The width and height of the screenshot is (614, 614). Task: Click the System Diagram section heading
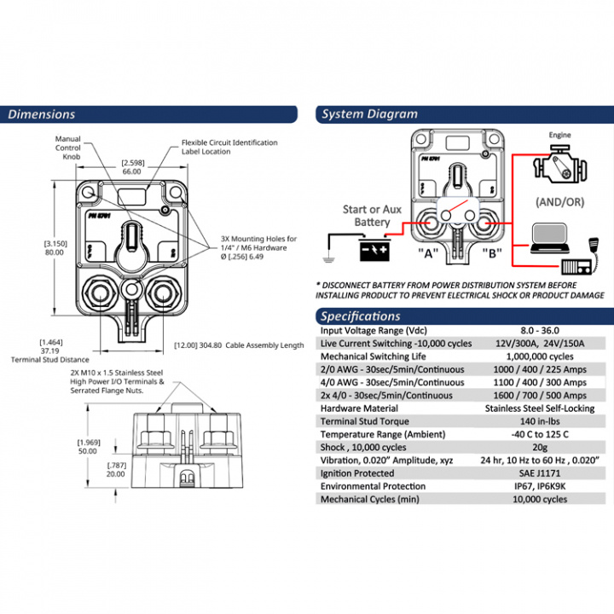pyautogui.click(x=370, y=114)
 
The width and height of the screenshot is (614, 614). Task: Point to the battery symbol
pyautogui.click(x=374, y=250)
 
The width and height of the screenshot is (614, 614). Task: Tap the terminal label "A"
pyautogui.click(x=427, y=253)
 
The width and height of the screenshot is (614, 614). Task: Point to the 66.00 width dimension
pyautogui.click(x=131, y=171)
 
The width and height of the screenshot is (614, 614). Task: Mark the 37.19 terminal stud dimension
pyautogui.click(x=50, y=350)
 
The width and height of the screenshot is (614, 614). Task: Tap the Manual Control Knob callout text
pyautogui.click(x=68, y=147)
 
